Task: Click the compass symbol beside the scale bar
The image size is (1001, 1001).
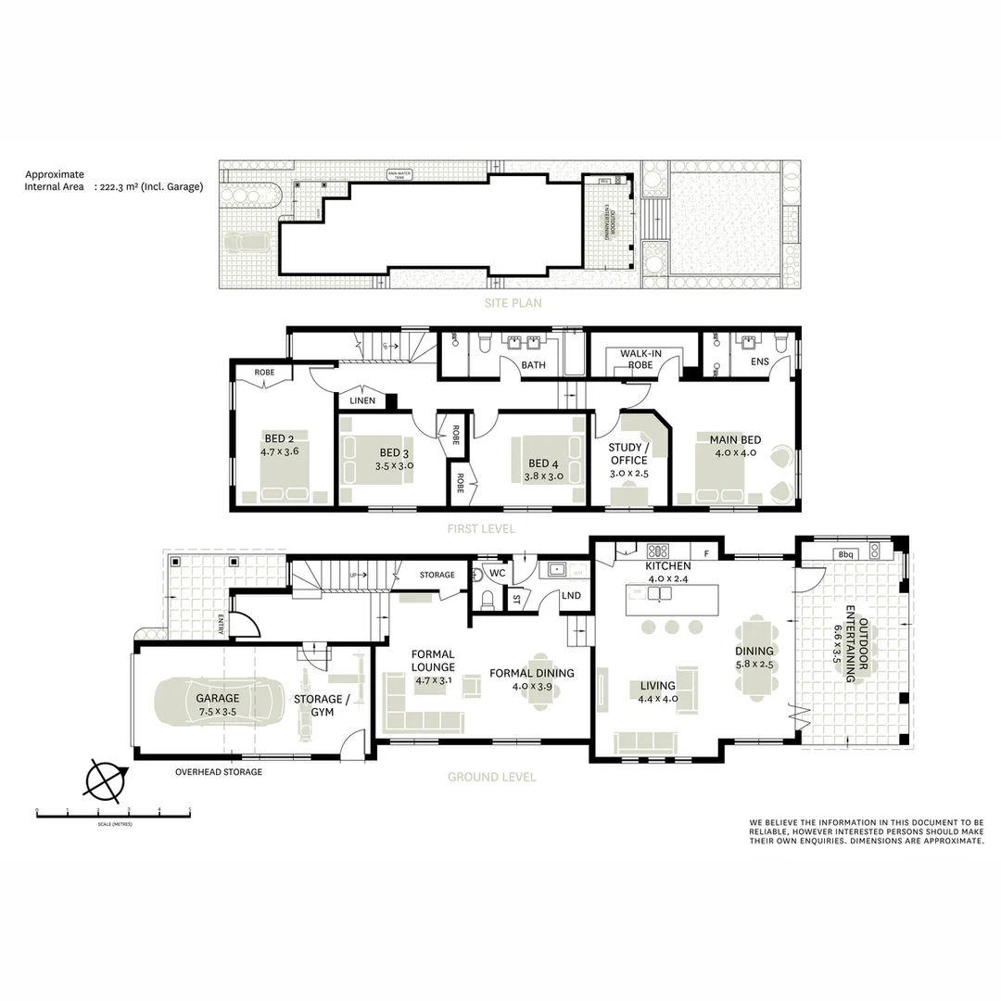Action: coord(104,780)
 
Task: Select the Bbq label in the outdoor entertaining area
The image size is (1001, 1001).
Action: coord(844,554)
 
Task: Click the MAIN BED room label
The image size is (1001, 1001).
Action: coord(735,439)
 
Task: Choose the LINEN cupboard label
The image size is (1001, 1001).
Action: coord(362,401)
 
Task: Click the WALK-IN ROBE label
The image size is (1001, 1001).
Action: coord(640,359)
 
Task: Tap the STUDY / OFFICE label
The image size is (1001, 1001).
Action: coord(628,454)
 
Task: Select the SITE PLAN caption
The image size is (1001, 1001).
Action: coord(511,303)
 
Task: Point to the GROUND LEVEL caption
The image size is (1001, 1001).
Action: coord(491,777)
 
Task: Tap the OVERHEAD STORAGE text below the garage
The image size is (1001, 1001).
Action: coord(219,772)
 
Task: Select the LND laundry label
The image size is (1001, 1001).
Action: coord(571,596)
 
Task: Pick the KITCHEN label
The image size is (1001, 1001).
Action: coord(668,566)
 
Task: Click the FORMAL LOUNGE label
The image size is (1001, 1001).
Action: coord(434,660)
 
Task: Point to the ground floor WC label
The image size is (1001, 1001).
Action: coord(497,574)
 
